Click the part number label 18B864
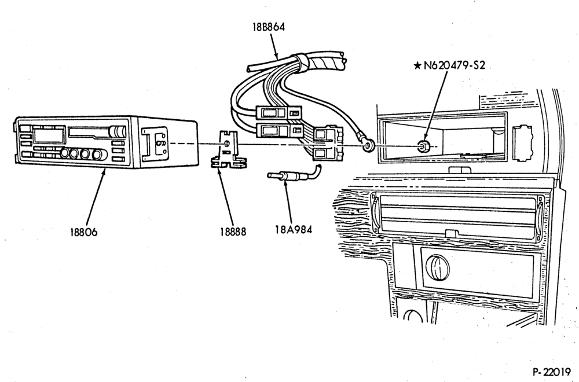pyautogui.click(x=269, y=27)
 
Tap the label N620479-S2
pyautogui.click(x=454, y=66)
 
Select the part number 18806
pyautogui.click(x=84, y=232)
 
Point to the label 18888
pyautogui.click(x=233, y=232)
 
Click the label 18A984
pyautogui.click(x=293, y=229)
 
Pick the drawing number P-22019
pyautogui.click(x=552, y=372)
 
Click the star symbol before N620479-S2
pyautogui.click(x=417, y=66)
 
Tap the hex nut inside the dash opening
pyautogui.click(x=422, y=146)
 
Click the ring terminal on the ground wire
pyautogui.click(x=368, y=145)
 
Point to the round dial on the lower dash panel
pyautogui.click(x=438, y=267)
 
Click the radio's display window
pyautogui.click(x=49, y=135)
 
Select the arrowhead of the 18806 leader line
pyautogui.click(x=104, y=171)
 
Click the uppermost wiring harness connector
pyautogui.click(x=278, y=112)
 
